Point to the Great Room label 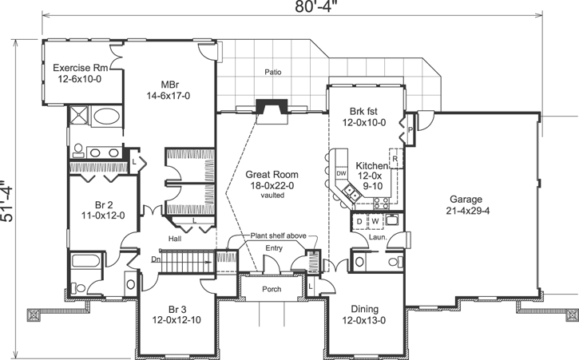pos(272,180)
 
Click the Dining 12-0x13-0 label pos(358,315)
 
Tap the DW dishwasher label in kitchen pos(340,173)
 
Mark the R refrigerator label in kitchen pos(395,159)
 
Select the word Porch pos(272,289)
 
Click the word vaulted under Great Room pos(272,194)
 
